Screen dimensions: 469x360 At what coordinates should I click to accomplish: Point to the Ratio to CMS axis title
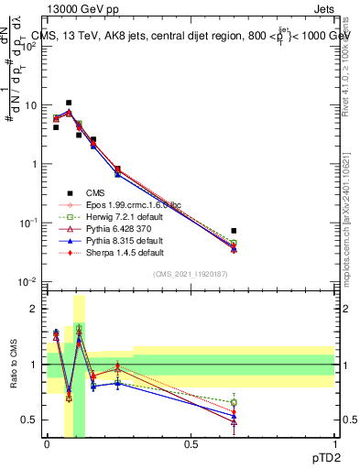point(12,365)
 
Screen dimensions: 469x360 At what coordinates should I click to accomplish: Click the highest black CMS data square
point(69,103)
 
